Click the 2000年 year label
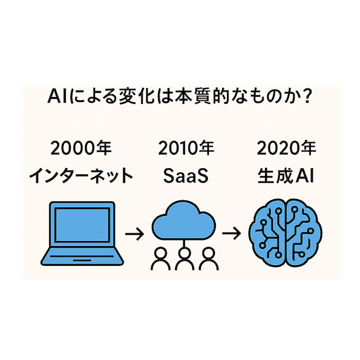pyautogui.click(x=81, y=148)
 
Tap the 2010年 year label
pyautogui.click(x=186, y=148)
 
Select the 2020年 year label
pyautogui.click(x=286, y=148)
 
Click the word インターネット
pyautogui.click(x=81, y=176)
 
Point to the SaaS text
pyautogui.click(x=186, y=176)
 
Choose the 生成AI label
pyautogui.click(x=285, y=176)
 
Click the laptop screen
pyautogui.click(x=82, y=226)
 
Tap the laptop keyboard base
pyautogui.click(x=82, y=256)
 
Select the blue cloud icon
pyautogui.click(x=184, y=221)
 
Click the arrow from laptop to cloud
pyautogui.click(x=134, y=233)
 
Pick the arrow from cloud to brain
pyautogui.click(x=231, y=233)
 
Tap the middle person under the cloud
pyautogui.click(x=185, y=259)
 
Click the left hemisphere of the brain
pyautogui.click(x=266, y=233)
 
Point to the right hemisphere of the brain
pyautogui.click(x=304, y=233)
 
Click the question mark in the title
pyautogui.click(x=306, y=96)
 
